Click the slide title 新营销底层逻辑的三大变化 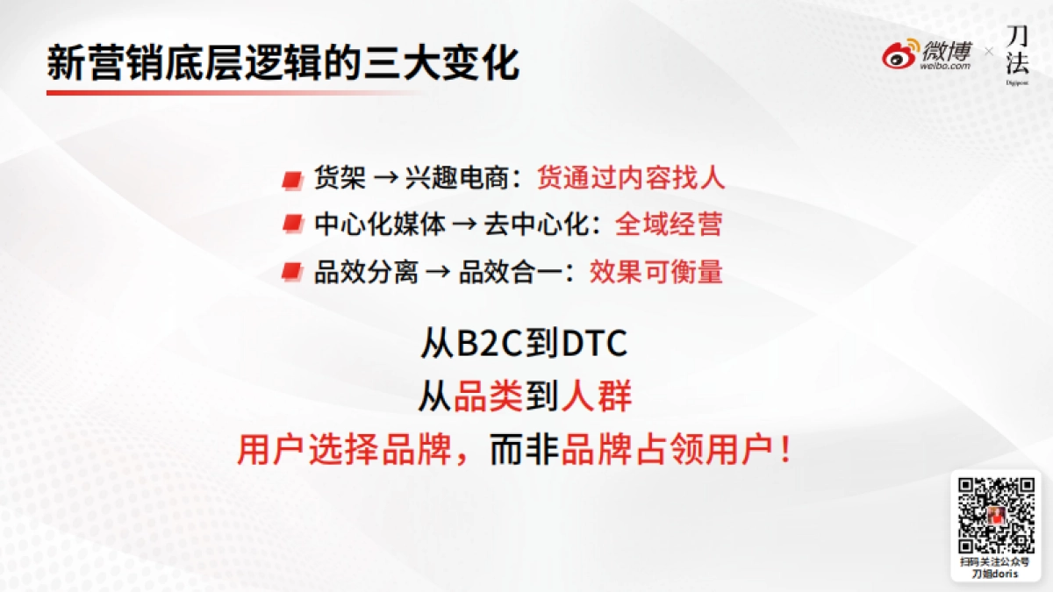(x=283, y=64)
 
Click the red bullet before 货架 (x=291, y=180)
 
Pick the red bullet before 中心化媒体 (x=291, y=225)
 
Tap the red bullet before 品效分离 (x=291, y=272)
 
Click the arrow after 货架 (x=386, y=179)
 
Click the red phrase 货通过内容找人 (x=631, y=178)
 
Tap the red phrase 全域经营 (x=669, y=225)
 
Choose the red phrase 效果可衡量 (x=656, y=271)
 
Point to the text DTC (x=594, y=344)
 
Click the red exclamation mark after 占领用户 (x=786, y=452)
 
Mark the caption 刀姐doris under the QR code (x=995, y=574)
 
